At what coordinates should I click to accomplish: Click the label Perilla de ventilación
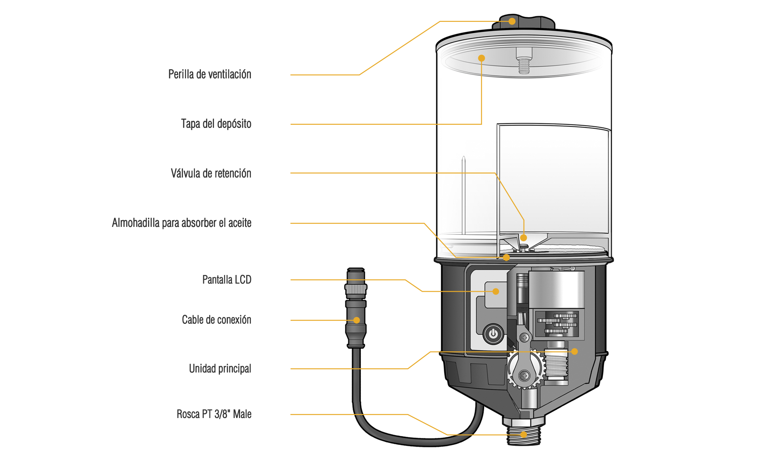point(210,74)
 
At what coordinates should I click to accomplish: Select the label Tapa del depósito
point(216,124)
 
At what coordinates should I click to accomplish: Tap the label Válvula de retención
point(211,173)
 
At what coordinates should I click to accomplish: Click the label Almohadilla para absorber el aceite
point(181,223)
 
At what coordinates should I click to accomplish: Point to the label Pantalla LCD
point(227,280)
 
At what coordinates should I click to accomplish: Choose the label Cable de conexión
point(216,320)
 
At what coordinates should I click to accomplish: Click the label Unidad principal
point(220,369)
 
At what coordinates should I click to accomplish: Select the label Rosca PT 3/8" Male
point(214,414)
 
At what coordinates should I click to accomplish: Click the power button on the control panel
point(493,334)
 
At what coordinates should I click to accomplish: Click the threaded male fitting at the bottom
point(523,436)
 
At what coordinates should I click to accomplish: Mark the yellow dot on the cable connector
point(356,320)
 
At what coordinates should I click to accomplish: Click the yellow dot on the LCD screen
point(496,291)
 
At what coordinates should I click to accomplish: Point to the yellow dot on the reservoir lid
point(482,58)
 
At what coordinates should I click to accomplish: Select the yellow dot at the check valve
point(524,238)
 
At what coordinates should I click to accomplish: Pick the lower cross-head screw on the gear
point(524,376)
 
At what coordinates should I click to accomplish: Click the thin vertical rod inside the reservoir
point(463,195)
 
